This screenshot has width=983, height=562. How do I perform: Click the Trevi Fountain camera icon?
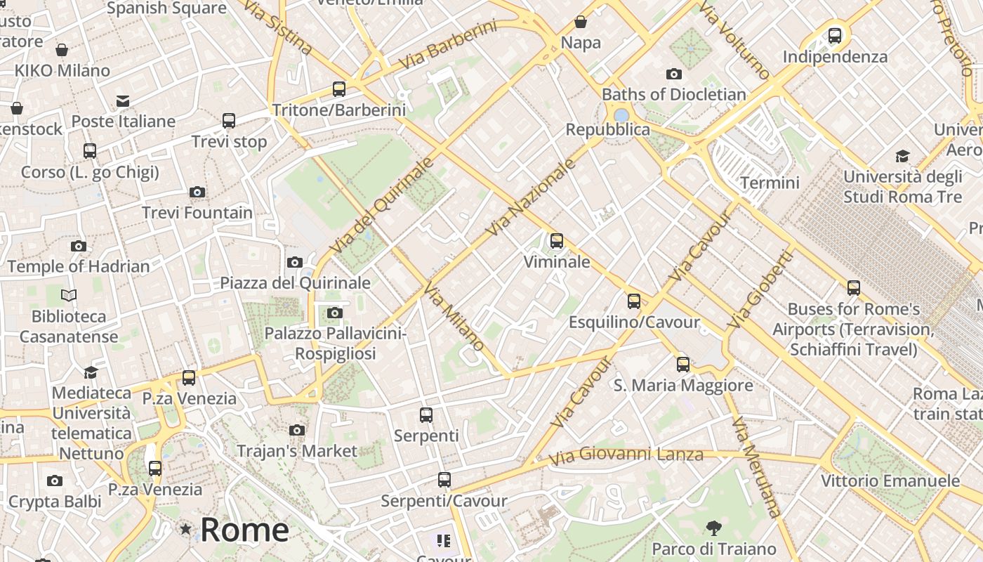point(197,192)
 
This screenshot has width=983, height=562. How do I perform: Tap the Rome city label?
point(244,530)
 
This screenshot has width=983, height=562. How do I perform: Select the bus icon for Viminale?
point(557,241)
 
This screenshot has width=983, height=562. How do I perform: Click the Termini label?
point(770,183)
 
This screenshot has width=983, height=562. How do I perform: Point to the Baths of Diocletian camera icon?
point(673,74)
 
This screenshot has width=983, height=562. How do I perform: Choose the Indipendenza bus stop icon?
point(835,35)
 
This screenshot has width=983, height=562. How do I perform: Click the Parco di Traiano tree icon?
point(714,528)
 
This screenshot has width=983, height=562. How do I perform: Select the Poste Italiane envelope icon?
point(123,101)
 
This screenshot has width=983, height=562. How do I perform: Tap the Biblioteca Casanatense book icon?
point(69,296)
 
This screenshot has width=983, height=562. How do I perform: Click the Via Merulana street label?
point(756,467)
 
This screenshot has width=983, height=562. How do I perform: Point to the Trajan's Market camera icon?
point(297,430)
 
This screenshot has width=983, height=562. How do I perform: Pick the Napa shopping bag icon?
point(581,22)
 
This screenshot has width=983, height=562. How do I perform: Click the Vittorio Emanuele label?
point(890,481)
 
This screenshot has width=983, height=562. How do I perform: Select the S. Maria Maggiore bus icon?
point(683,365)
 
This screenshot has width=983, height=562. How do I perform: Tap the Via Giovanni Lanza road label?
point(626,455)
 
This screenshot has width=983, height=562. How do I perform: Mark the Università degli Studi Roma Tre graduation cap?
point(902,156)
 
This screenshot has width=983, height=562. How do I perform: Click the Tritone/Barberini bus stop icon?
point(339,89)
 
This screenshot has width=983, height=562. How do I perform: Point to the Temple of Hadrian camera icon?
point(79,246)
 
